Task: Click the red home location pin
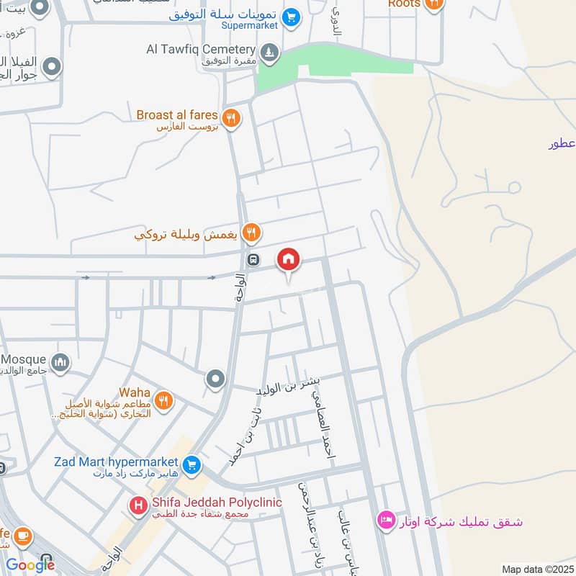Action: [289, 260]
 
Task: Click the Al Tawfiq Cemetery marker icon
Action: [269, 52]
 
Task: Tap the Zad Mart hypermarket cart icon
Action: [191, 465]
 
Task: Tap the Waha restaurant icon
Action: [164, 401]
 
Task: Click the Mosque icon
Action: [60, 362]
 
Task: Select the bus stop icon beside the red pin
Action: [253, 260]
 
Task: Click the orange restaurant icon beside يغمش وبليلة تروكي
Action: [251, 233]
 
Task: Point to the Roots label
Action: [403, 4]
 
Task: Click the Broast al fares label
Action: [177, 114]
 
